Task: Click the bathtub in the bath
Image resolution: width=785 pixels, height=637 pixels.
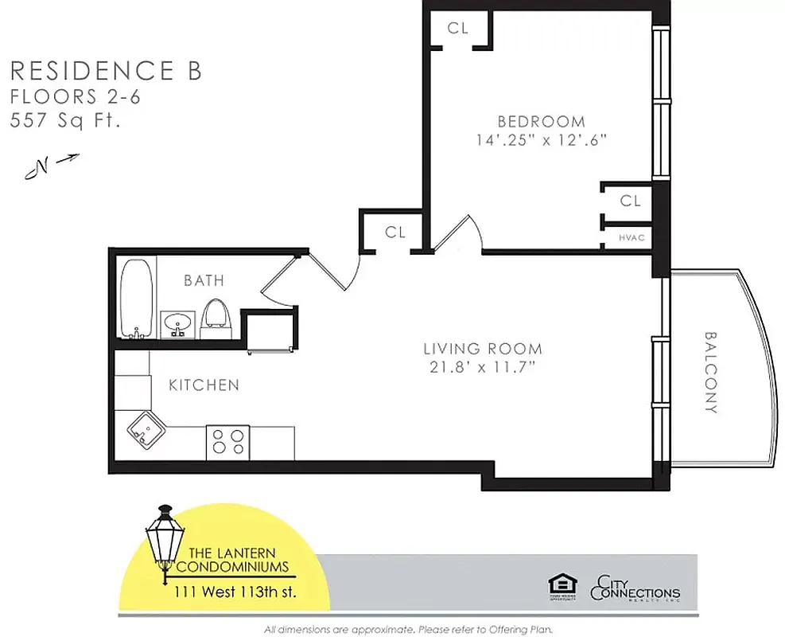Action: click(137, 298)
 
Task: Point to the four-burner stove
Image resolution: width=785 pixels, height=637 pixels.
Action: click(228, 441)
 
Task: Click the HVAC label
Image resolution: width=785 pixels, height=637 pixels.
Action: click(631, 237)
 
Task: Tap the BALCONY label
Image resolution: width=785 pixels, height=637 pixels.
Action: click(710, 372)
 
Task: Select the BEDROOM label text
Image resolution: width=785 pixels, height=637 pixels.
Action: click(541, 122)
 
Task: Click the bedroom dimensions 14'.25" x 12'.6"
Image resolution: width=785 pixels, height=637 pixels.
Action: click(541, 140)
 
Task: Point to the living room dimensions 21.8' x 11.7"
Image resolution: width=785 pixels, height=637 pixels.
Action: click(482, 367)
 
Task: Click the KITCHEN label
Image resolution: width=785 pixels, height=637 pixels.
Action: click(204, 385)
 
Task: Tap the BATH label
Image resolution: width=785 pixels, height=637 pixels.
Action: click(204, 280)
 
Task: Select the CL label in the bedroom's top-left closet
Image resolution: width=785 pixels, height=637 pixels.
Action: click(457, 28)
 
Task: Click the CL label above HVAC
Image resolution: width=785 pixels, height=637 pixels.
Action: click(630, 201)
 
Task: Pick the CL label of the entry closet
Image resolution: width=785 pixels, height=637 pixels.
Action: click(395, 233)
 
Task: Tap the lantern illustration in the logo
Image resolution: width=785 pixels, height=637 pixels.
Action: click(165, 541)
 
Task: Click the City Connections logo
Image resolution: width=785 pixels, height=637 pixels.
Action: click(635, 589)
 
